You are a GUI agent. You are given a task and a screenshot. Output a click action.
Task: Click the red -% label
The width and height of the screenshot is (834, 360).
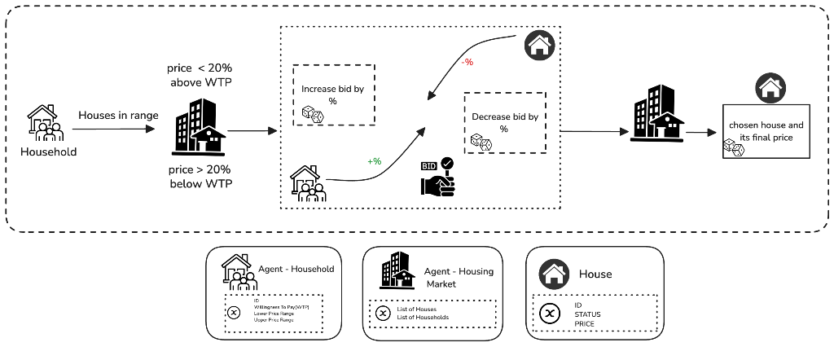click(x=467, y=63)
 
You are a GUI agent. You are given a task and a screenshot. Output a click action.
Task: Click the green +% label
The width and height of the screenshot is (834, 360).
click(x=374, y=161)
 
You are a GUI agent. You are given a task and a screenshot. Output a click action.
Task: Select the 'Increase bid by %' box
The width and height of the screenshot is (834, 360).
click(x=333, y=94)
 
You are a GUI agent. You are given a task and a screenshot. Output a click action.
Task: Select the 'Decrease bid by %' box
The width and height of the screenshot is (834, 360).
click(x=504, y=123)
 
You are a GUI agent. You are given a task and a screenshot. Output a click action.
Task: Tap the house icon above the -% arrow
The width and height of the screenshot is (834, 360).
click(x=538, y=46)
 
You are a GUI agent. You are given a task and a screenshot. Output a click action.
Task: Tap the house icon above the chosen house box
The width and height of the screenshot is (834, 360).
click(x=770, y=87)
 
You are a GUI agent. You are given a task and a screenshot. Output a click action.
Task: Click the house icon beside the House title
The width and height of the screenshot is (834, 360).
click(x=555, y=274)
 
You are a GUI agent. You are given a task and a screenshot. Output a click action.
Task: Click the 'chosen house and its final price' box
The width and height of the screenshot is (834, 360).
click(x=766, y=132)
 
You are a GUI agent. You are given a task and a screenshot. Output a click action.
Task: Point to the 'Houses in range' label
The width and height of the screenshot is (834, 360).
click(x=118, y=116)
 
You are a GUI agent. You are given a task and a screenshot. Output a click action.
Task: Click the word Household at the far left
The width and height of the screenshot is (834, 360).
click(x=49, y=152)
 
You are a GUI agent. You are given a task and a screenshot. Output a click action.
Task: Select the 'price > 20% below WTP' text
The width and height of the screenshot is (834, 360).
click(x=200, y=177)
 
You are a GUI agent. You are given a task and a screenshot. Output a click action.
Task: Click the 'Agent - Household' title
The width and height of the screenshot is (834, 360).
click(x=296, y=268)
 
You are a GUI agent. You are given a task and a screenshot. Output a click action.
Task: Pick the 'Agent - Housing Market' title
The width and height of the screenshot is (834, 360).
click(x=459, y=278)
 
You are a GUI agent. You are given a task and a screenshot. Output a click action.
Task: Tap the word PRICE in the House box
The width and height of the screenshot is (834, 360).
click(x=584, y=323)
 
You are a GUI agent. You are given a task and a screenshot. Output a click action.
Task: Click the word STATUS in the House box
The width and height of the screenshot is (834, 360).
click(x=587, y=314)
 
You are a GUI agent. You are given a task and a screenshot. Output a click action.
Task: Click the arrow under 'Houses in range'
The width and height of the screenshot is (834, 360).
click(x=113, y=129)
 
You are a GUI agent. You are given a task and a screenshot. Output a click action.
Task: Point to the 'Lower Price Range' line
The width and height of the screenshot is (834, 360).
click(x=274, y=314)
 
